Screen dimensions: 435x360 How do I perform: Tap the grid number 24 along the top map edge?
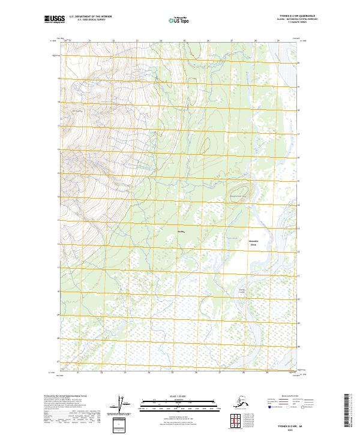click(x=160, y=40)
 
